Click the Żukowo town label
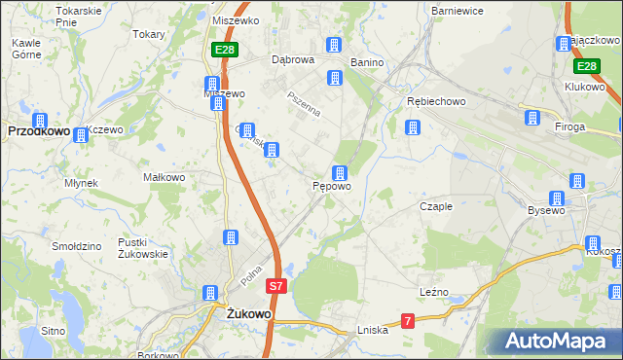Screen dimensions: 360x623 [x=247, y=314]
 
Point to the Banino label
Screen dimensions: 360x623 [x=367, y=62]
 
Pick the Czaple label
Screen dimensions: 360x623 [x=436, y=206]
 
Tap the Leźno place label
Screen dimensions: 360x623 [x=433, y=292]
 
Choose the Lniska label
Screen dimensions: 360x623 [x=373, y=330]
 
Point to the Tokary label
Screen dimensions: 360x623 [x=149, y=32]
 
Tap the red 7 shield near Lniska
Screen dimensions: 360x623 [x=408, y=320]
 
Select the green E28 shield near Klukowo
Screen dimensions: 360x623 [x=585, y=66]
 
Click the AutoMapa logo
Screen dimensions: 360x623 [x=555, y=342]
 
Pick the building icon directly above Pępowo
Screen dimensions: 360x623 [x=339, y=172]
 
